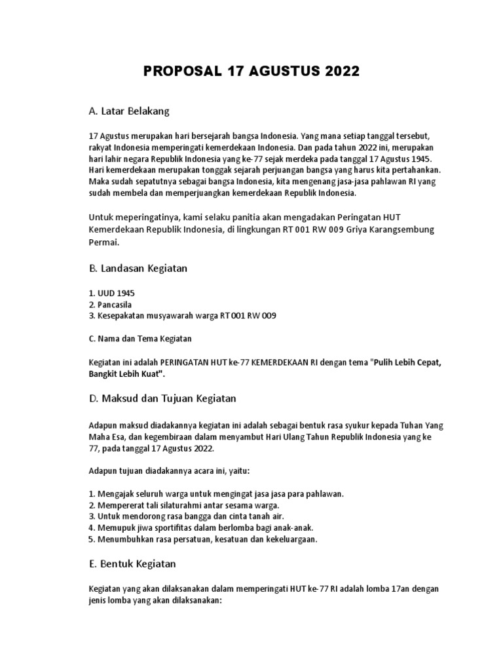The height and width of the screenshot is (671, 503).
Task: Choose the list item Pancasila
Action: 112,304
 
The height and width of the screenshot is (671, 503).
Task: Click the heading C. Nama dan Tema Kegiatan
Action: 141,339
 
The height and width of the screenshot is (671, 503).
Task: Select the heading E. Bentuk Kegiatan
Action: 132,564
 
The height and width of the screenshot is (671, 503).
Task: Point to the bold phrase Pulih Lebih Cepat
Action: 407,362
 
